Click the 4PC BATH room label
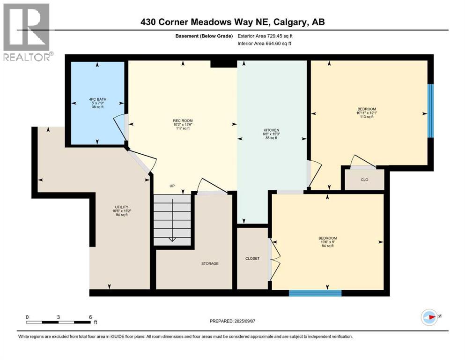click(x=97, y=103)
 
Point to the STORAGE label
click(x=210, y=263)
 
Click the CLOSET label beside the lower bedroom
click(x=252, y=258)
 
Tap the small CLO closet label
click(x=364, y=179)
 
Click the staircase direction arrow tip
click(x=172, y=240)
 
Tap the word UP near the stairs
click(x=172, y=186)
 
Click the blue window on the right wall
click(x=430, y=111)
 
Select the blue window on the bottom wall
click(x=315, y=293)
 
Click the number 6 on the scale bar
click(x=90, y=317)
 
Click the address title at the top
click(x=232, y=22)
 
